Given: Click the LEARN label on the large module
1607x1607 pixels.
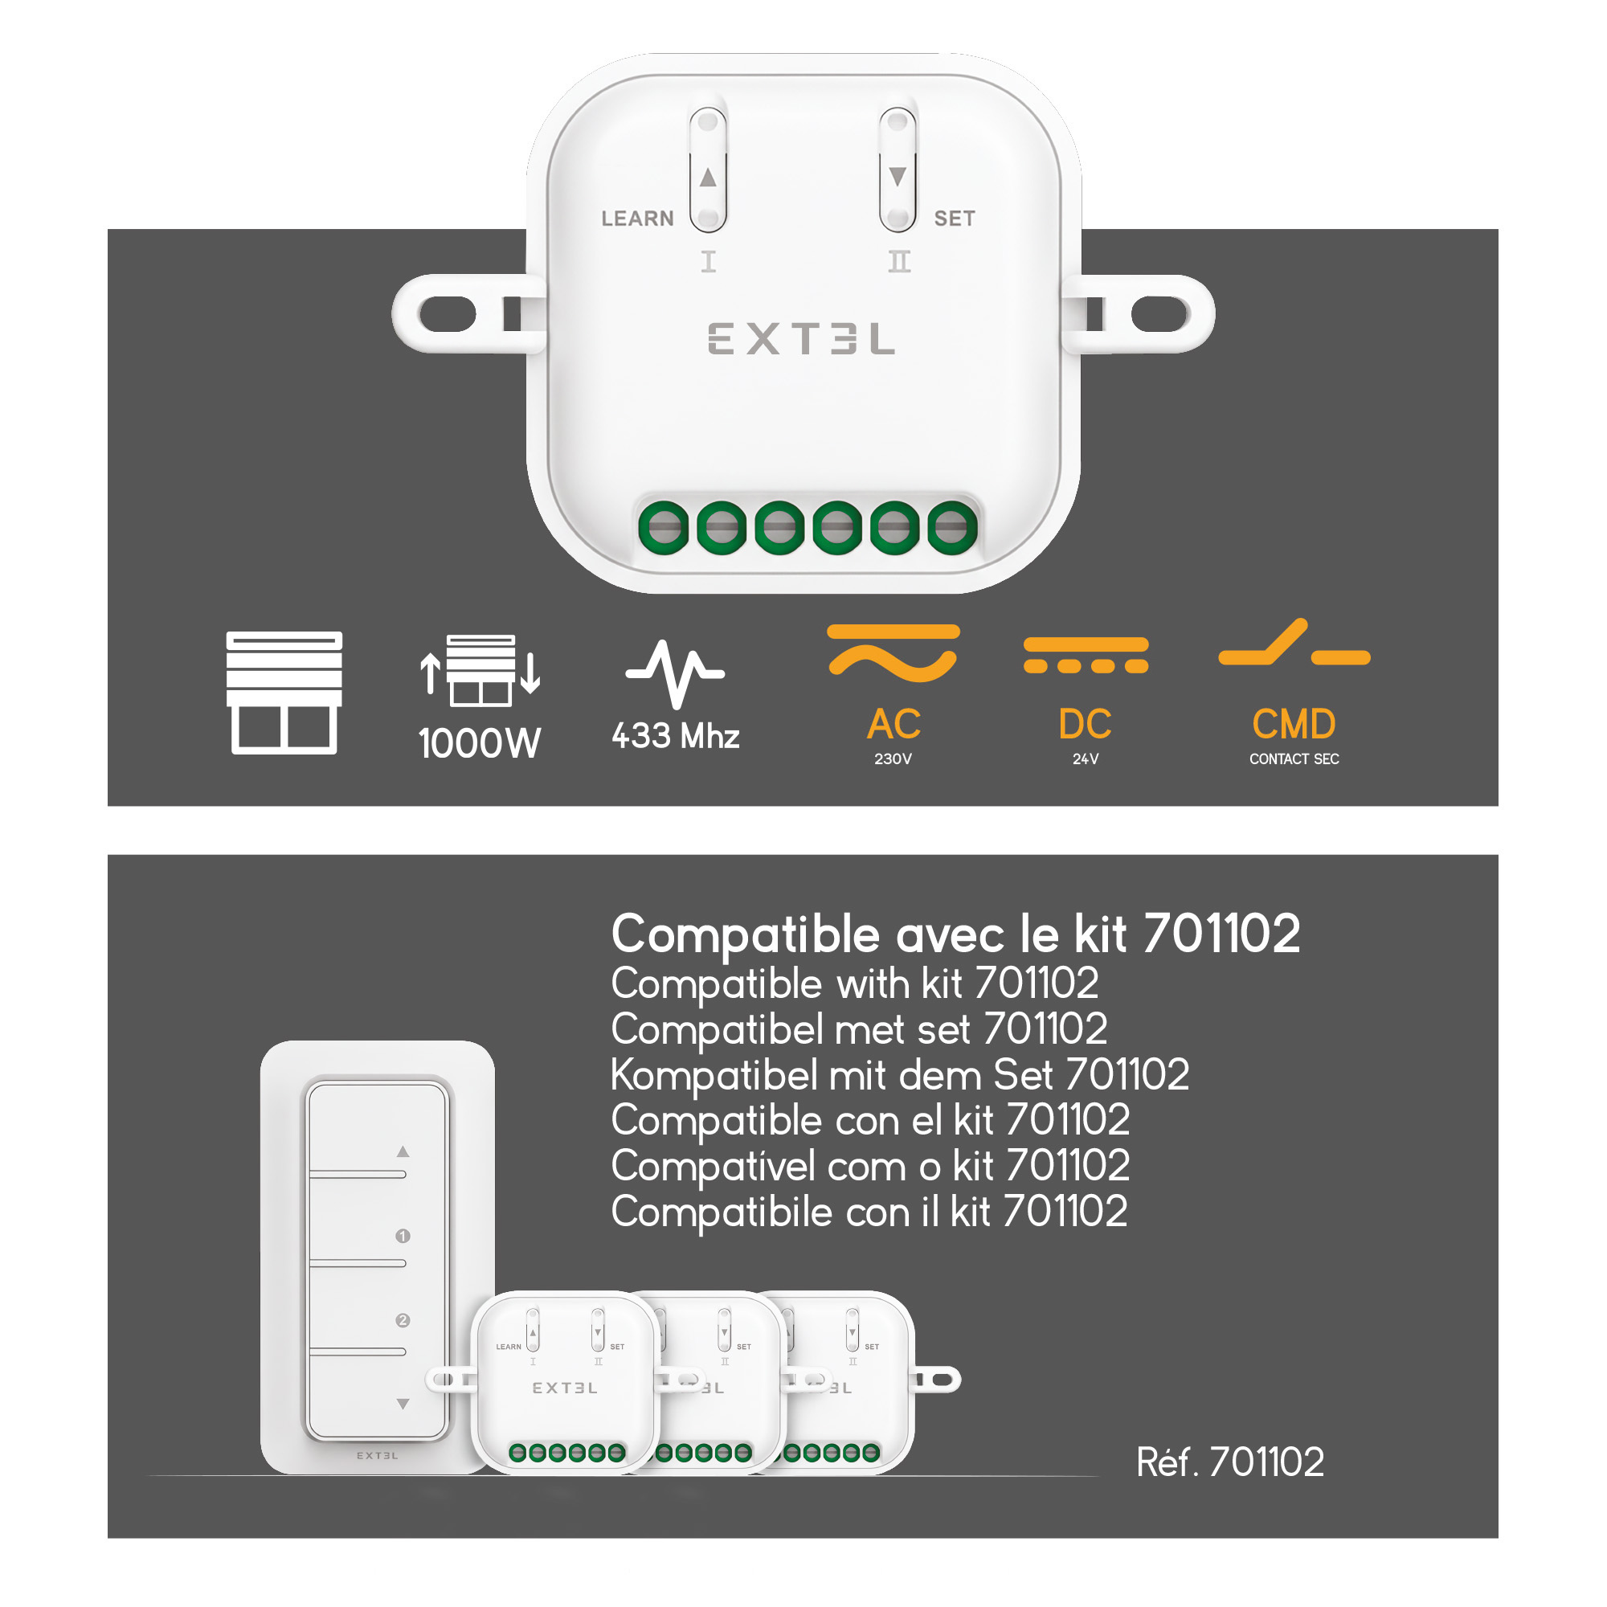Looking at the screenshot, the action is tap(637, 219).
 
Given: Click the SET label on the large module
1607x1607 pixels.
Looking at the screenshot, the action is tap(954, 219).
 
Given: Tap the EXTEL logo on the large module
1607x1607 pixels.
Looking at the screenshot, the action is tap(801, 338).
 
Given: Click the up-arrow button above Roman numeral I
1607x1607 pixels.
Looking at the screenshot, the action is tap(708, 170).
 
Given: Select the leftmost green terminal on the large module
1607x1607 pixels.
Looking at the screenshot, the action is tap(664, 527).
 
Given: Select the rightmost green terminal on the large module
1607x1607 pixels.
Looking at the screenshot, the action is tap(952, 527).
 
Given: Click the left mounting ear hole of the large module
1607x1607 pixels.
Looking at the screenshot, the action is tap(448, 314).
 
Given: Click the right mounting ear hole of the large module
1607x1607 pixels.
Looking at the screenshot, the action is tap(1160, 314).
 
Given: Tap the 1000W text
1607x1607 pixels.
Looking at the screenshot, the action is tap(480, 742).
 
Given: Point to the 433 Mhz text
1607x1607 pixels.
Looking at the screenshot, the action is tap(676, 736).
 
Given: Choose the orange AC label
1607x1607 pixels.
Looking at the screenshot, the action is tap(894, 725).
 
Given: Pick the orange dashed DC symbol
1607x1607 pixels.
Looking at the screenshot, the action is tap(1086, 656).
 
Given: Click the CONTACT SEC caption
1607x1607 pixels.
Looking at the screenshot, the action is tap(1294, 759).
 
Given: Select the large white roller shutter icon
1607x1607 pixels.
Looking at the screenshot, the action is tap(284, 693).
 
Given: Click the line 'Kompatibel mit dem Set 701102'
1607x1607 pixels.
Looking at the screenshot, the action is tap(900, 1074).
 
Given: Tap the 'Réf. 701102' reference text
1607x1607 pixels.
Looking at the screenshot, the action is tap(1230, 1462).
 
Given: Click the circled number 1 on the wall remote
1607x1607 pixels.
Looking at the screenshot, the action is tap(403, 1236).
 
